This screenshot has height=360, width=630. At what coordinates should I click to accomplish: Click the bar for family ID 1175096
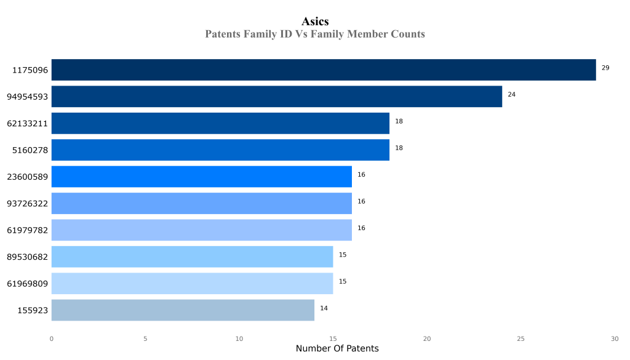point(324,70)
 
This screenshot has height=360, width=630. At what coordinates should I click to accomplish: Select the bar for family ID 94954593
point(276,97)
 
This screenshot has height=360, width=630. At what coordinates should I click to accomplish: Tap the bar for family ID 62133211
point(220,123)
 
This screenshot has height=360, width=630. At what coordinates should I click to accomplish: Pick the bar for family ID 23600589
point(201,177)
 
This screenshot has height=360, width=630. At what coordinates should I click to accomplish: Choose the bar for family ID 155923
point(183,310)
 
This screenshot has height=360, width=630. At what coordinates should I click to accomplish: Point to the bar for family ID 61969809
point(192,284)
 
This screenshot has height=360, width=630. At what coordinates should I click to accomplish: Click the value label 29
point(605,68)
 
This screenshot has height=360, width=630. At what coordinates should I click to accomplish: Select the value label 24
point(511,94)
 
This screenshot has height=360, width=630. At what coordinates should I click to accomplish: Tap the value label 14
point(324,308)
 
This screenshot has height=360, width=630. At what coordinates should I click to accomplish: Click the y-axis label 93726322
point(28,204)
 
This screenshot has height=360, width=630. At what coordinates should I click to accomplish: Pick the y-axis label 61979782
point(28,230)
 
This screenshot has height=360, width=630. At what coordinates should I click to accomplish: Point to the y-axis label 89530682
point(28,257)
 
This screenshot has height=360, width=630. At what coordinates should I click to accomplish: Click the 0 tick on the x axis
point(51,338)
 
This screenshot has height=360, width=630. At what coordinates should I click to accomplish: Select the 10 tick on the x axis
point(239,338)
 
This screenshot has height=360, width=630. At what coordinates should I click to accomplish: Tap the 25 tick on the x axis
point(520,338)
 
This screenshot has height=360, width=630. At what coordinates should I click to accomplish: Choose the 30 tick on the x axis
point(615,338)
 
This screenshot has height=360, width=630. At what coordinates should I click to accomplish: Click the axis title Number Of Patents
point(337,349)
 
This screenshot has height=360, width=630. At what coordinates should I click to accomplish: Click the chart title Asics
point(315,22)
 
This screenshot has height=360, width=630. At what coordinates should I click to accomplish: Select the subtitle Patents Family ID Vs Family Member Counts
point(315,34)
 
